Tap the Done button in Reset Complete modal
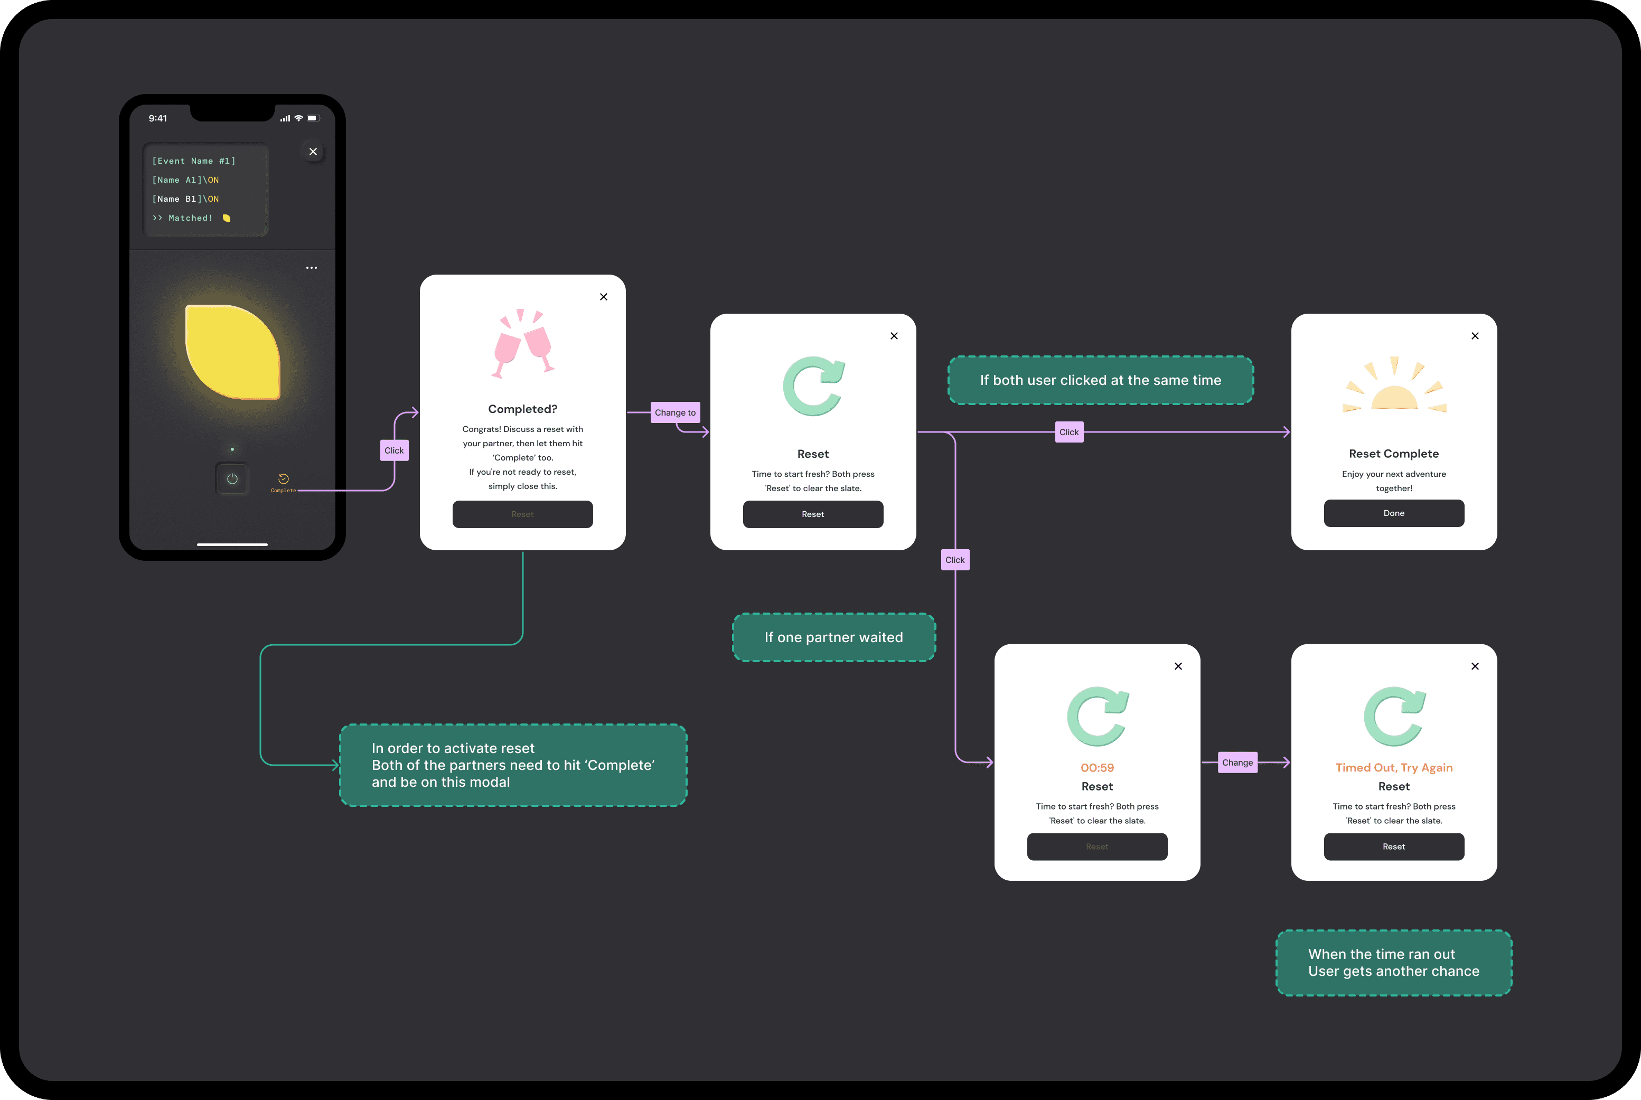[x=1393, y=513]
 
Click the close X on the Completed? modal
[x=603, y=297]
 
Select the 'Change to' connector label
[x=675, y=412]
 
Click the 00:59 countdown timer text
[x=1096, y=767]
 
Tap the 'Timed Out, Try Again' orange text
[x=1393, y=767]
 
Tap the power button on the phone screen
[x=232, y=479]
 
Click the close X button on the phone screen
[x=313, y=152]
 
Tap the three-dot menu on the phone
[x=312, y=268]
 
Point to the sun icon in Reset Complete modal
[x=1393, y=386]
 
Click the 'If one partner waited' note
[x=833, y=637]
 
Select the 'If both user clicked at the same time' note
[x=1100, y=380]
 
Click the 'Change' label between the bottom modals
[x=1237, y=763]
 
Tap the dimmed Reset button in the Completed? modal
[x=523, y=514]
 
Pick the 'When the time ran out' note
[x=1393, y=963]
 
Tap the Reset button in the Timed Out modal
[x=1393, y=847]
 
